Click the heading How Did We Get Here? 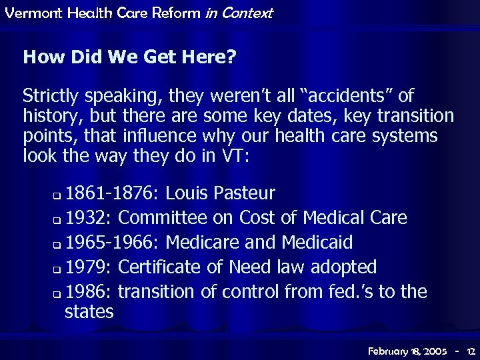129,57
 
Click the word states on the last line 89,311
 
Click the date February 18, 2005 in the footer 408,349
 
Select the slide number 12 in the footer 471,349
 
